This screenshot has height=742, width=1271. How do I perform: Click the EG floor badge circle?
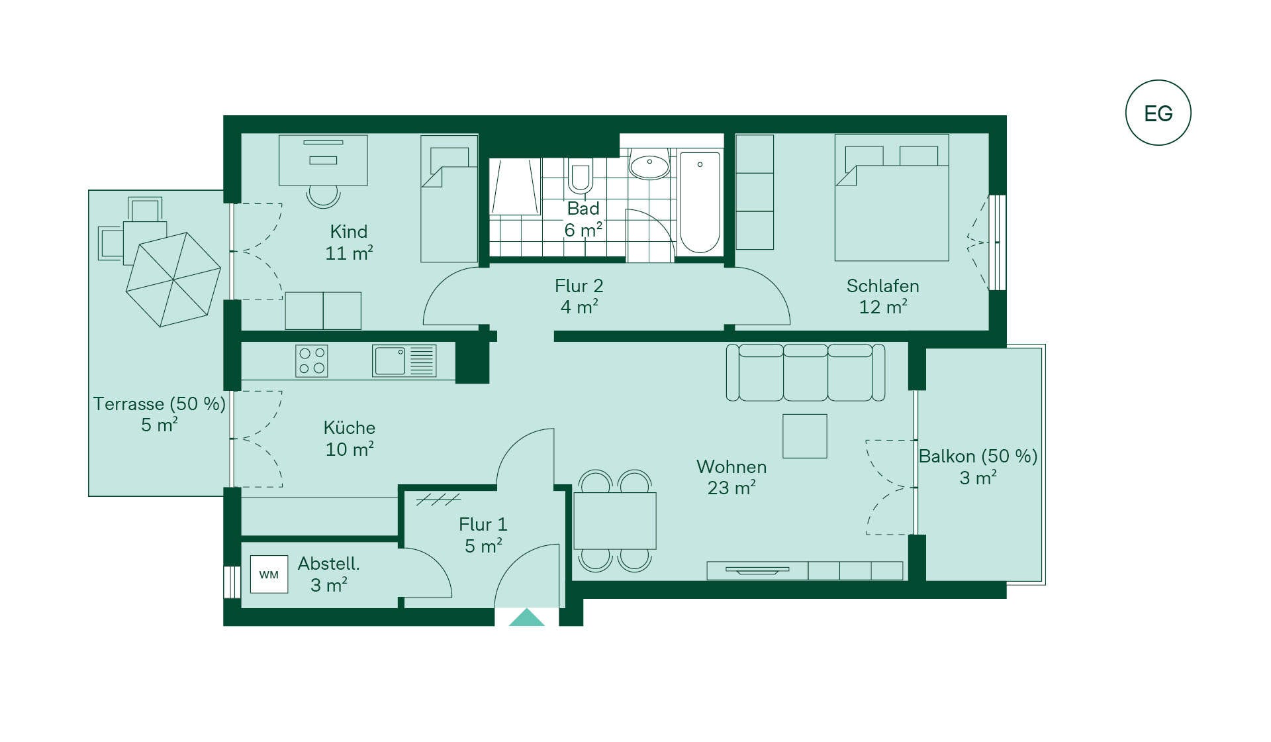click(1158, 80)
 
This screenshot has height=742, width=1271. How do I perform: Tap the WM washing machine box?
click(269, 574)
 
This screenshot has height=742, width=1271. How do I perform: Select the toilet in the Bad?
click(581, 176)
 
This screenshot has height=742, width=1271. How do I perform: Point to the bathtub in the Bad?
click(700, 202)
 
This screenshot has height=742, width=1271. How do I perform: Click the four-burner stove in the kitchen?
click(312, 361)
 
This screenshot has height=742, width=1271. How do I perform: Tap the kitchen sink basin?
click(391, 361)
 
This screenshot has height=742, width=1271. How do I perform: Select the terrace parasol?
click(173, 280)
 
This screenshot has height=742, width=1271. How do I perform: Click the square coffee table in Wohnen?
click(805, 436)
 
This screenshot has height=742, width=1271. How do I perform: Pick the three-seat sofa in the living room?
click(806, 372)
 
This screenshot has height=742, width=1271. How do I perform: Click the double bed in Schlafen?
click(892, 197)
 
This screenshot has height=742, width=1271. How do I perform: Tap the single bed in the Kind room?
click(449, 199)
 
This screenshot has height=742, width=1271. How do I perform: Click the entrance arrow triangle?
click(526, 617)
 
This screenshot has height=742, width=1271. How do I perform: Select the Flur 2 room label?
click(579, 296)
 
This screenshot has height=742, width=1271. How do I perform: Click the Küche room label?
click(350, 438)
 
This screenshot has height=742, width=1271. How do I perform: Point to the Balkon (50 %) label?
click(978, 466)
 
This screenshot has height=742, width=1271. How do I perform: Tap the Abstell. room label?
click(329, 574)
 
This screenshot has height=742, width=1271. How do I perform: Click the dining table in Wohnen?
click(615, 521)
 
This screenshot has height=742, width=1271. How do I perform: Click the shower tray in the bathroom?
click(515, 187)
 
